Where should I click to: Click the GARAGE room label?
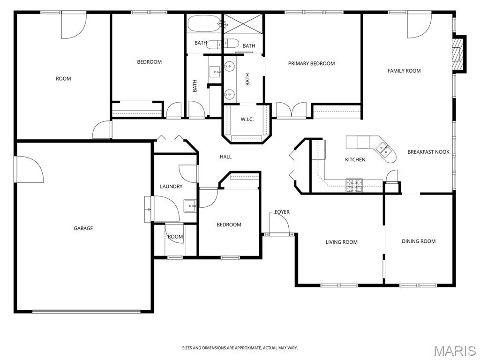coord(83,228)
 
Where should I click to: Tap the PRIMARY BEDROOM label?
coord(311,64)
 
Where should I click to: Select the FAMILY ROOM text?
coord(404,71)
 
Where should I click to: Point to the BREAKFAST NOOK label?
coord(428,152)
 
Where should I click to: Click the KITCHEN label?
coord(355,159)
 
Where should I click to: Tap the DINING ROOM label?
coord(419,241)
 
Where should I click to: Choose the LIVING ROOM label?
coord(341,242)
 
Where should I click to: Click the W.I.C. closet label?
coord(247,120)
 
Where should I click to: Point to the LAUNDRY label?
coord(171,187)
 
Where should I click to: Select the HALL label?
coord(225,157)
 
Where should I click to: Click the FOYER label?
coord(282,212)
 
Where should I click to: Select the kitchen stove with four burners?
coord(354,185)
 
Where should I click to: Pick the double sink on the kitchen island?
coord(383,150)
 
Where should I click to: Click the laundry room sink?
coord(190,206)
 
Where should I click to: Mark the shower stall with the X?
coord(243,23)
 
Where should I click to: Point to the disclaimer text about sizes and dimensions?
coord(240,348)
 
